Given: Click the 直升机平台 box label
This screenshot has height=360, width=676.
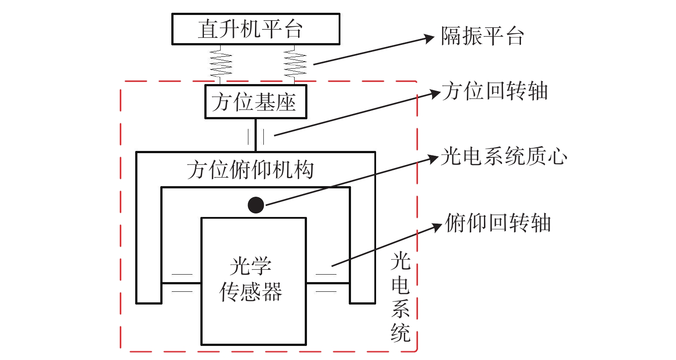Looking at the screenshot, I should tap(250, 29).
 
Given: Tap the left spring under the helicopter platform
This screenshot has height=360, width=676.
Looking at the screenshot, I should tap(221, 64).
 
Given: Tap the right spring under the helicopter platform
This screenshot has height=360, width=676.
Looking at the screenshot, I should tap(295, 64).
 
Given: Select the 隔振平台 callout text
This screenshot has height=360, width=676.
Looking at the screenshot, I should tap(483, 36).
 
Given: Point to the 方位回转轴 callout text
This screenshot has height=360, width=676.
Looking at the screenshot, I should tap(495, 92).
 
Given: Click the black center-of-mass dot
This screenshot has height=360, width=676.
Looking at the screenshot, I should tap(256, 205).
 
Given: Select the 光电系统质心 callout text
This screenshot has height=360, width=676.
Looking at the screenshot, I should tap(504, 157).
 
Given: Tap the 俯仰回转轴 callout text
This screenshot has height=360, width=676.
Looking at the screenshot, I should tap(498, 223).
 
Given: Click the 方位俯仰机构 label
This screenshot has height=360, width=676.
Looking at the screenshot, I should tap(250, 170).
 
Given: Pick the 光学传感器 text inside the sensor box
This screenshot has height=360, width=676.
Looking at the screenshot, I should tap(251, 279).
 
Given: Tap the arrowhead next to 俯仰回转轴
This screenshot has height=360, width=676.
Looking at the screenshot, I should tap(437, 227).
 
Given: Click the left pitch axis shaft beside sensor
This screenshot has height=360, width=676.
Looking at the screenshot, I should tap(181, 283).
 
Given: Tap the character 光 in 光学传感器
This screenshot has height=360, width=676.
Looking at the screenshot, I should tap(240, 266).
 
